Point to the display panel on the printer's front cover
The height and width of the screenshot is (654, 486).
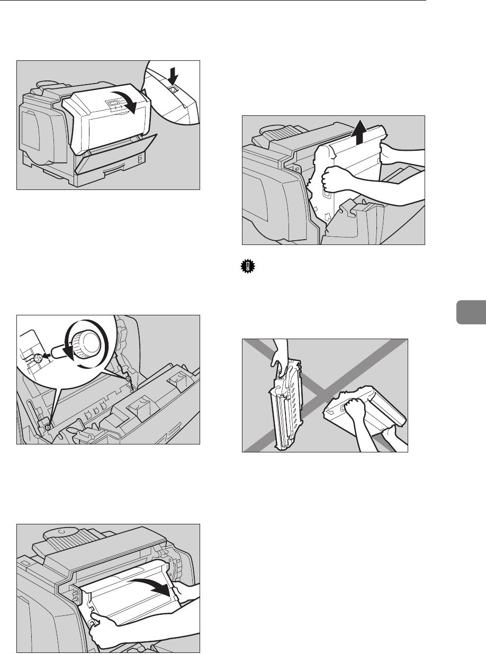[x=113, y=102]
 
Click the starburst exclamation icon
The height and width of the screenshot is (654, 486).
[x=246, y=268]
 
